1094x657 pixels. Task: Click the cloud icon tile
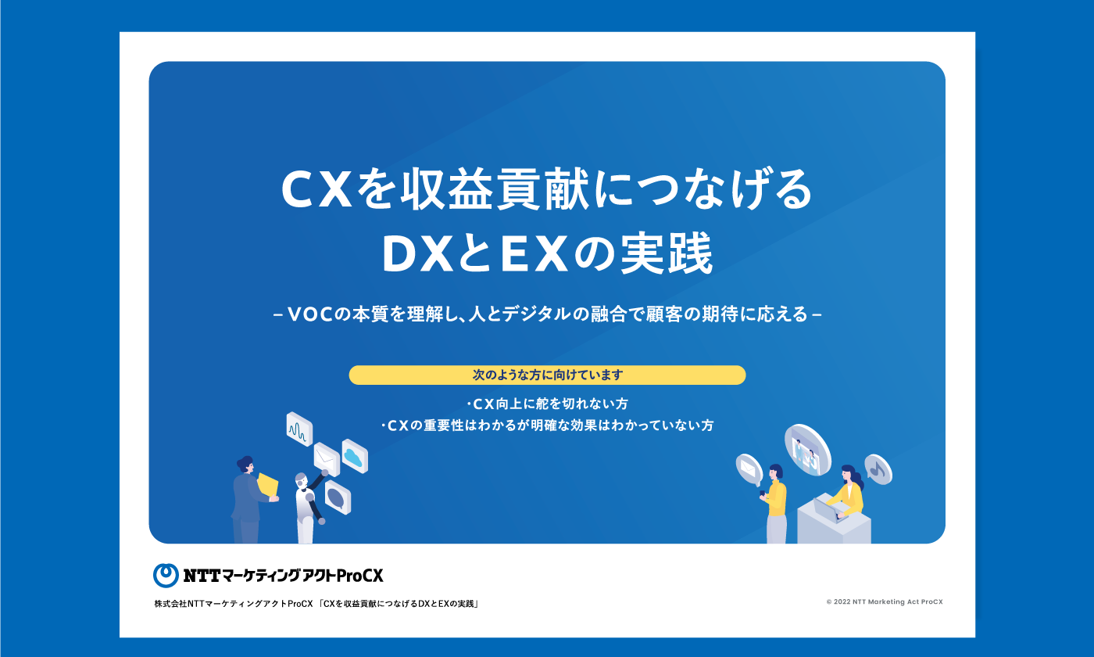(x=355, y=456)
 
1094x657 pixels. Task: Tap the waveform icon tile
(x=299, y=429)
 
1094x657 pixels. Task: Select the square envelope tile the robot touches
(x=327, y=459)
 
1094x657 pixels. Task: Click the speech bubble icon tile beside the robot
(x=338, y=497)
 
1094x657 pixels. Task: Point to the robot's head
(x=301, y=480)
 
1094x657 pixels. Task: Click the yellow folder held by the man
(x=267, y=484)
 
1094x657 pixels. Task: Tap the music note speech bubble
(x=878, y=469)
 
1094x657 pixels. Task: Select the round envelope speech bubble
(x=749, y=469)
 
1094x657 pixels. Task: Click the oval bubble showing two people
(x=807, y=450)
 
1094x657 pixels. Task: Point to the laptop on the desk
(x=828, y=509)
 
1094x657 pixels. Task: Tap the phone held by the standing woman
(x=763, y=494)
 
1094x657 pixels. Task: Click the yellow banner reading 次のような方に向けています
(x=547, y=375)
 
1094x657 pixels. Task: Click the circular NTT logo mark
(x=166, y=575)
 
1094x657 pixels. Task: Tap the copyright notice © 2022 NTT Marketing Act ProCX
(x=885, y=601)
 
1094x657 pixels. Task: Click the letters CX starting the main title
(x=317, y=190)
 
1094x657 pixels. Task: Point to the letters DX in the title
(x=417, y=254)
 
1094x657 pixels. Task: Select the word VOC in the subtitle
(x=311, y=314)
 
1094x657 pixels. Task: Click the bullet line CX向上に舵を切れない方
(x=547, y=404)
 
